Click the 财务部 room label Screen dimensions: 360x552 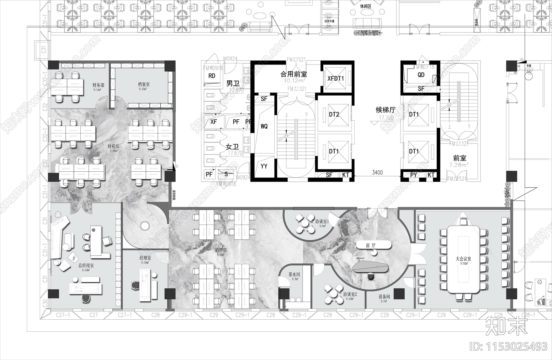coord(98,85)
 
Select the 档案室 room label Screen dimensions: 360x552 coord(144,84)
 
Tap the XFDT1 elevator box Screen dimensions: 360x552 coord(336,78)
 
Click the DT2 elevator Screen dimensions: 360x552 coord(334,114)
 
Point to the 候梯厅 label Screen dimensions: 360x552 coord(385,110)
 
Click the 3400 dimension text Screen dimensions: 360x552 coord(377,172)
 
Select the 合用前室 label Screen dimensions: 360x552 coord(294,74)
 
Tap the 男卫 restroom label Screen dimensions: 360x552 coord(233,83)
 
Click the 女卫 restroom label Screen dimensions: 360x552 coord(233,147)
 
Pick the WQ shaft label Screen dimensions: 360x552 coord(264,127)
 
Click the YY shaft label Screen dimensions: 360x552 coord(264,166)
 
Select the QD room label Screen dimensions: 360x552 coord(421,75)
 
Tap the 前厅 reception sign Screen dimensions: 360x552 coord(371,246)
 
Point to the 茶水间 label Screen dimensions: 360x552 coord(294,275)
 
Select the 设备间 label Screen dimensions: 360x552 coord(384,297)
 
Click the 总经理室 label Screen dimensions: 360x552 coord(86,266)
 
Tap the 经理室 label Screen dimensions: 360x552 coord(145,258)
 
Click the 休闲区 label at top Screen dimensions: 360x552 coord(366,6)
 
